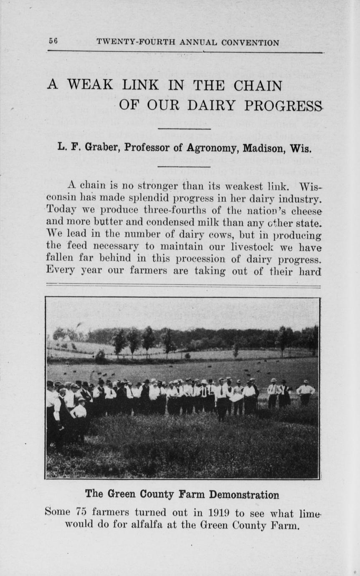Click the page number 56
point(53,42)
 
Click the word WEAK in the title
point(90,85)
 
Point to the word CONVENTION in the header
point(250,43)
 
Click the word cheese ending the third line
point(309,208)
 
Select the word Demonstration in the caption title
point(244,495)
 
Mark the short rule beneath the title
point(184,129)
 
